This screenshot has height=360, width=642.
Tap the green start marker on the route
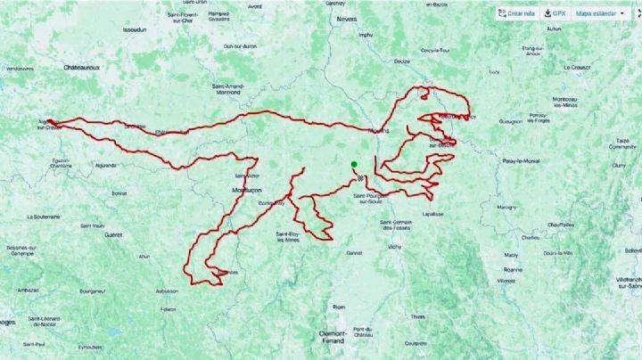(x=353, y=164)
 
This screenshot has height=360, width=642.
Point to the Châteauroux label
(x=86, y=67)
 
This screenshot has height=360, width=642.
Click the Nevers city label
(x=347, y=18)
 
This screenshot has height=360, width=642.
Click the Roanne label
(x=511, y=268)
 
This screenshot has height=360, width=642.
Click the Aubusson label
(x=166, y=290)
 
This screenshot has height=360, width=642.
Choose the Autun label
(x=554, y=29)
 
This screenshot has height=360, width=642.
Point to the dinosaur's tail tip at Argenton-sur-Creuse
(x=49, y=121)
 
